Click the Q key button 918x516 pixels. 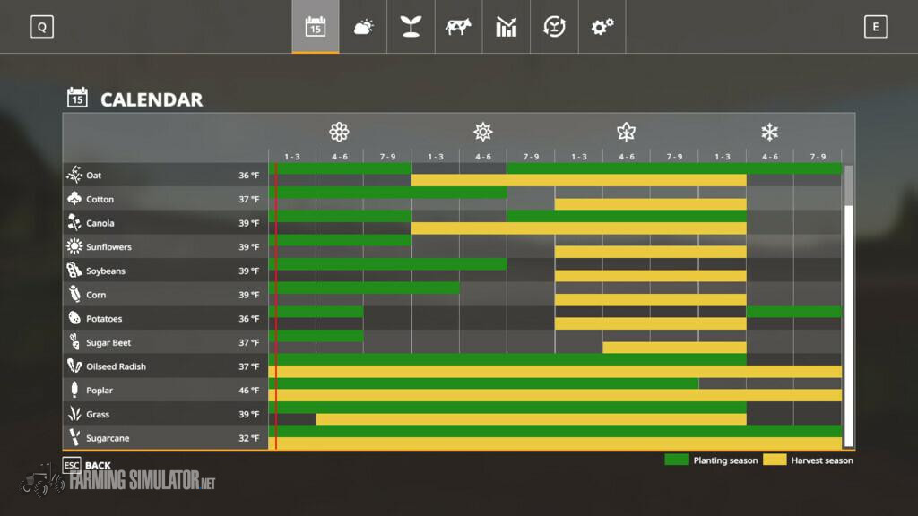click(41, 27)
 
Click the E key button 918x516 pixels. click(875, 27)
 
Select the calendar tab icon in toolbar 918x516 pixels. click(316, 27)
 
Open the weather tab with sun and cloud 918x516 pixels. click(363, 27)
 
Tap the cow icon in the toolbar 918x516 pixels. click(458, 27)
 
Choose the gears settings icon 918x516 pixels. click(602, 27)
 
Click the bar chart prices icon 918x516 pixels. click(507, 27)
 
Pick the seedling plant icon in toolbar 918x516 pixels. click(411, 27)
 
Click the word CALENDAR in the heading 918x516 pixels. click(152, 99)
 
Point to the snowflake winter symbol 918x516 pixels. click(769, 133)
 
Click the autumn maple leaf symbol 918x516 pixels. click(626, 133)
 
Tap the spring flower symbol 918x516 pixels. click(339, 133)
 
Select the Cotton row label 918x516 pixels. click(100, 199)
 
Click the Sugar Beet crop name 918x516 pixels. click(108, 342)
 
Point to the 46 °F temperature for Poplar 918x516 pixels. click(248, 391)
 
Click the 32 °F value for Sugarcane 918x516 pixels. click(248, 438)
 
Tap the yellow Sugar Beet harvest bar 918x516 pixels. click(674, 348)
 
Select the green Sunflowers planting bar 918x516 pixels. click(341, 240)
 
